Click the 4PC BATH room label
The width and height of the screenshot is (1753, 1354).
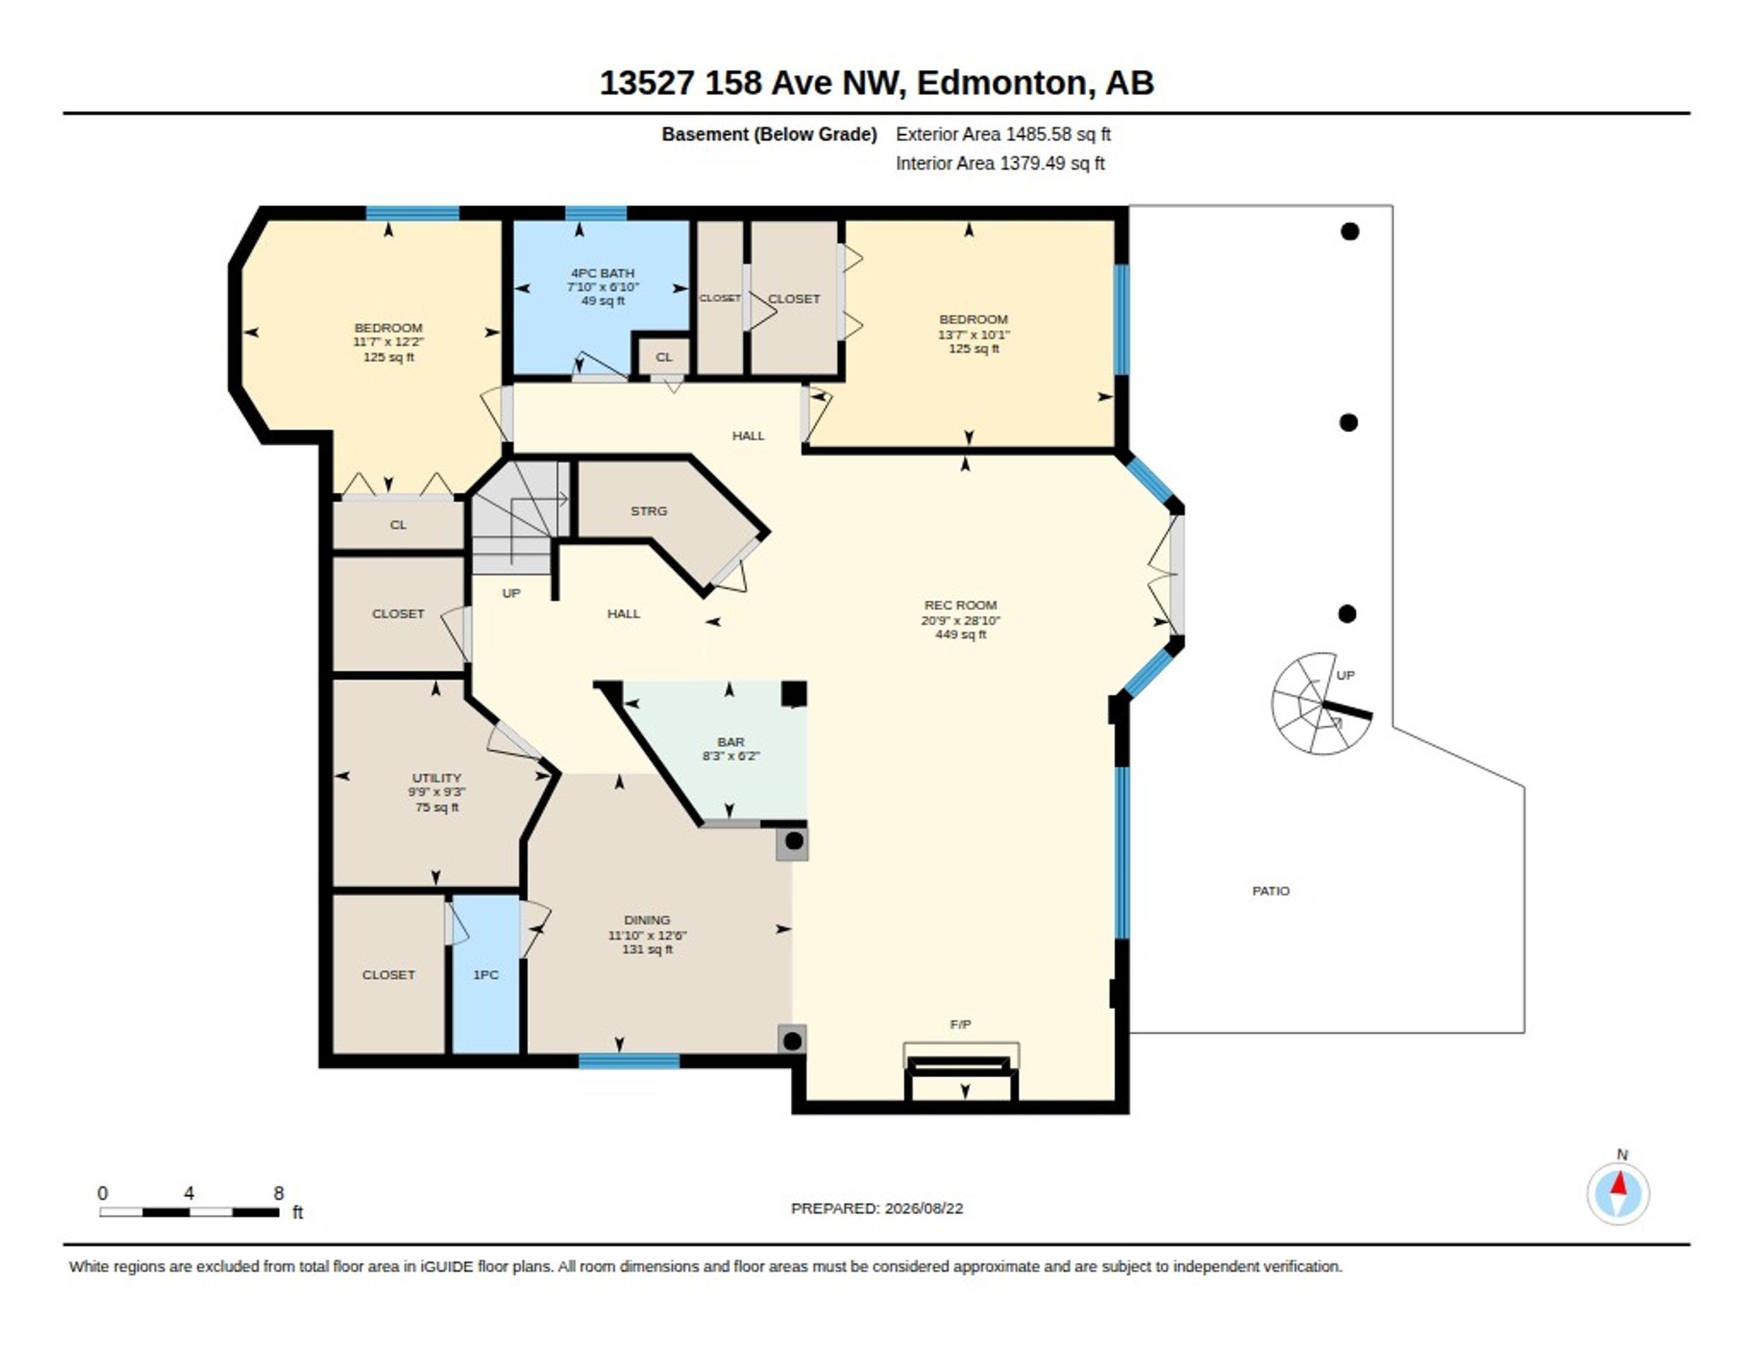(603, 273)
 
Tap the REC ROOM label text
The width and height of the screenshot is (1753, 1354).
(961, 605)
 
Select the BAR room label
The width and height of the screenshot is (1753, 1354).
(731, 741)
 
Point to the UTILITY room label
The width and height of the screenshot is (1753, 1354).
(437, 778)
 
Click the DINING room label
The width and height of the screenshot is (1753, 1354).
(647, 920)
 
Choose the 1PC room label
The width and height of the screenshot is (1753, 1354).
(485, 974)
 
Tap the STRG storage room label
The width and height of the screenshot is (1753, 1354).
(648, 511)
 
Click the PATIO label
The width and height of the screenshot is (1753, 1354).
(1272, 891)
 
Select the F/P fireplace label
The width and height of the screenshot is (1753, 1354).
(961, 1024)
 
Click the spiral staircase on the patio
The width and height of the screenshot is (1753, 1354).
(1321, 704)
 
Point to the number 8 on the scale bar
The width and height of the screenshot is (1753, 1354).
(279, 1194)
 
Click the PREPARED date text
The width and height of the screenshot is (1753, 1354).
(876, 1208)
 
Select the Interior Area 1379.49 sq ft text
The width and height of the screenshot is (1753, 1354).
(1000, 164)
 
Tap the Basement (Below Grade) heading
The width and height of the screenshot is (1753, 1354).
(769, 135)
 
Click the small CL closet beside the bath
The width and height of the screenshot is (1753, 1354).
(664, 357)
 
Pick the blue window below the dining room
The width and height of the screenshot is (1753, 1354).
(629, 1061)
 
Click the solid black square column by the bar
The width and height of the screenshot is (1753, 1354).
(794, 693)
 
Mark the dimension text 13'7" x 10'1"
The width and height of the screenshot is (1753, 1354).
(974, 334)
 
